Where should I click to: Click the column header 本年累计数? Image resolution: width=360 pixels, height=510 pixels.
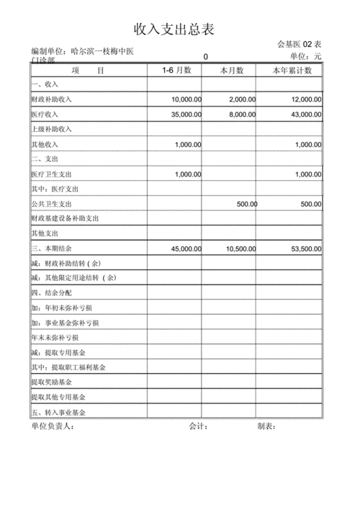[292, 71]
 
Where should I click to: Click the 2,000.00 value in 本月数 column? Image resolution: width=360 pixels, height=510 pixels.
[241, 99]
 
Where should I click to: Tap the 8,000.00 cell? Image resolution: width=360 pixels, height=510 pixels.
[241, 115]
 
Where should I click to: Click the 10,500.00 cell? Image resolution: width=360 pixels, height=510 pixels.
[241, 249]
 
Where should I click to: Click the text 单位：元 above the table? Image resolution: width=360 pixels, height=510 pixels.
[306, 56]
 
